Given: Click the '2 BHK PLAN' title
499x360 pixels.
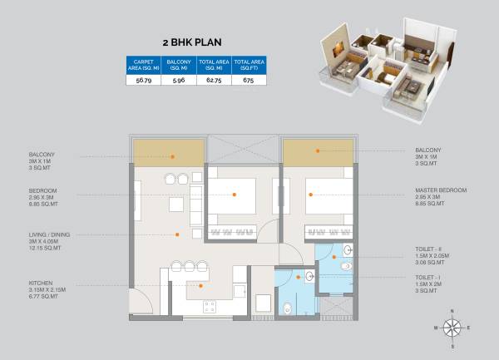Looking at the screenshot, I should (196, 39).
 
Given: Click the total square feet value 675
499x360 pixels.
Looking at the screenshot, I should (249, 81).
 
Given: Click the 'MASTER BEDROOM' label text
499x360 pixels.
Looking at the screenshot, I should (441, 190).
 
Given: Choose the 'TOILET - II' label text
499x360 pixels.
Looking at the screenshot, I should (431, 256).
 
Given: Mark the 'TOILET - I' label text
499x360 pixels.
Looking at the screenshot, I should (429, 279).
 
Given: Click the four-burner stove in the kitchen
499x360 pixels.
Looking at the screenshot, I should (210, 307).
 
